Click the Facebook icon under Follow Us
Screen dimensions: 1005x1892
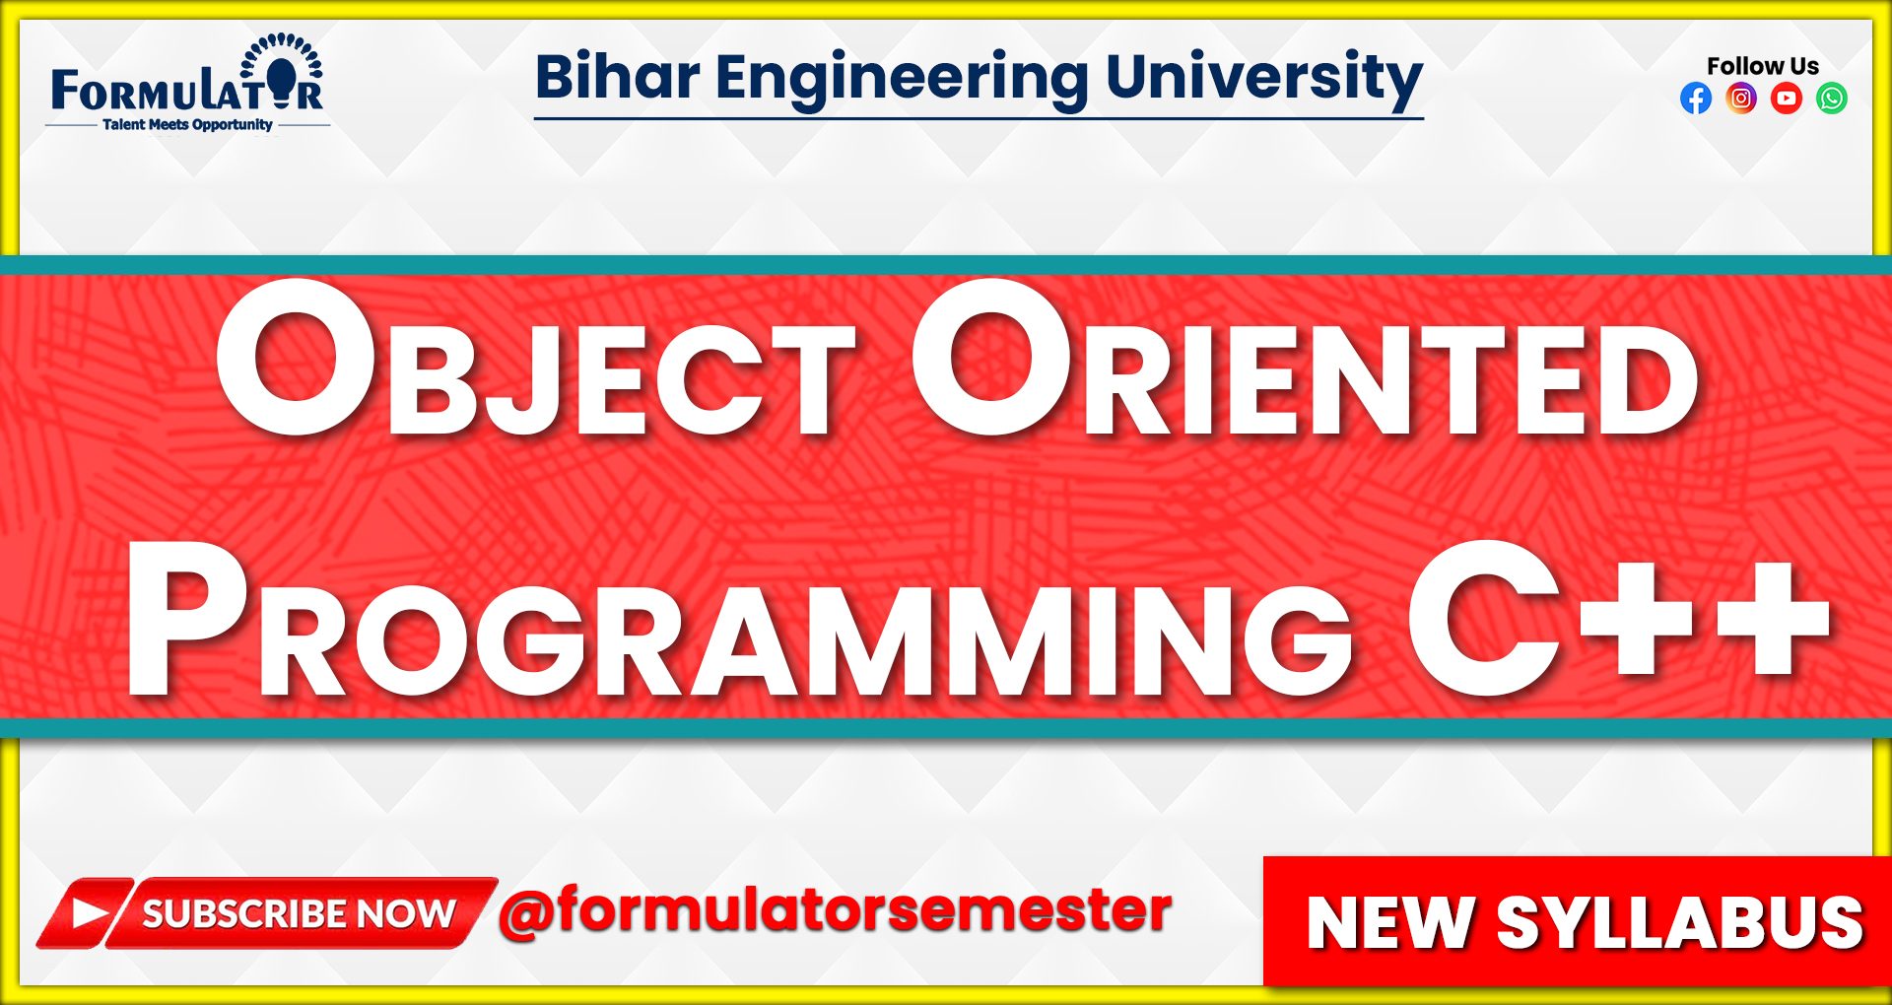pyautogui.click(x=1696, y=99)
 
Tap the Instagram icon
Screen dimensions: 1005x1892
pyautogui.click(x=1741, y=99)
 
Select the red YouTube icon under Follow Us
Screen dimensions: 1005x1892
pyautogui.click(x=1787, y=99)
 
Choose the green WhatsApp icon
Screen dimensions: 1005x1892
pyautogui.click(x=1832, y=99)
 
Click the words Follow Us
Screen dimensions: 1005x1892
pyautogui.click(x=1763, y=66)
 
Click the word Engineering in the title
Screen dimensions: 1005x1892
pyautogui.click(x=902, y=79)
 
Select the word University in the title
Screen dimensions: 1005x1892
pyautogui.click(x=1264, y=79)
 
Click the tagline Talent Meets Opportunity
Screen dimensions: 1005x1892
pyautogui.click(x=187, y=125)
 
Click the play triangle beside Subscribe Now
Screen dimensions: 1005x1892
pyautogui.click(x=89, y=913)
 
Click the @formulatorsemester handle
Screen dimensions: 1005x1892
pyautogui.click(x=836, y=910)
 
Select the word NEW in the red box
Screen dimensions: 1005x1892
pyautogui.click(x=1389, y=923)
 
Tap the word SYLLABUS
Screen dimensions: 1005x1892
pyautogui.click(x=1679, y=923)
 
